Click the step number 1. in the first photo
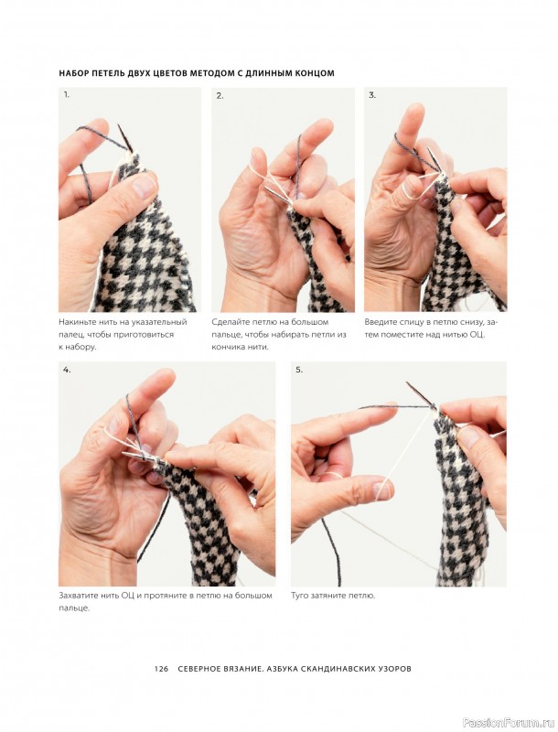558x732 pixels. [66, 95]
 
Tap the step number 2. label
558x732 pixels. [220, 96]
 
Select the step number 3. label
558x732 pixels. [372, 95]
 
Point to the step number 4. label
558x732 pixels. [67, 370]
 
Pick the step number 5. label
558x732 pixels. [299, 370]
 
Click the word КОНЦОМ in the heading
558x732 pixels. [315, 73]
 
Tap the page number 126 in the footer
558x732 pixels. [161, 669]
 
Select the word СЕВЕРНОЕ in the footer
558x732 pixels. [199, 669]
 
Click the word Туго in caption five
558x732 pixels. [299, 597]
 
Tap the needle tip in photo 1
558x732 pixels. [120, 126]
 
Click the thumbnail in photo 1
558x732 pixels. [143, 186]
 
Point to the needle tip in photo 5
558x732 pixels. [407, 383]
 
